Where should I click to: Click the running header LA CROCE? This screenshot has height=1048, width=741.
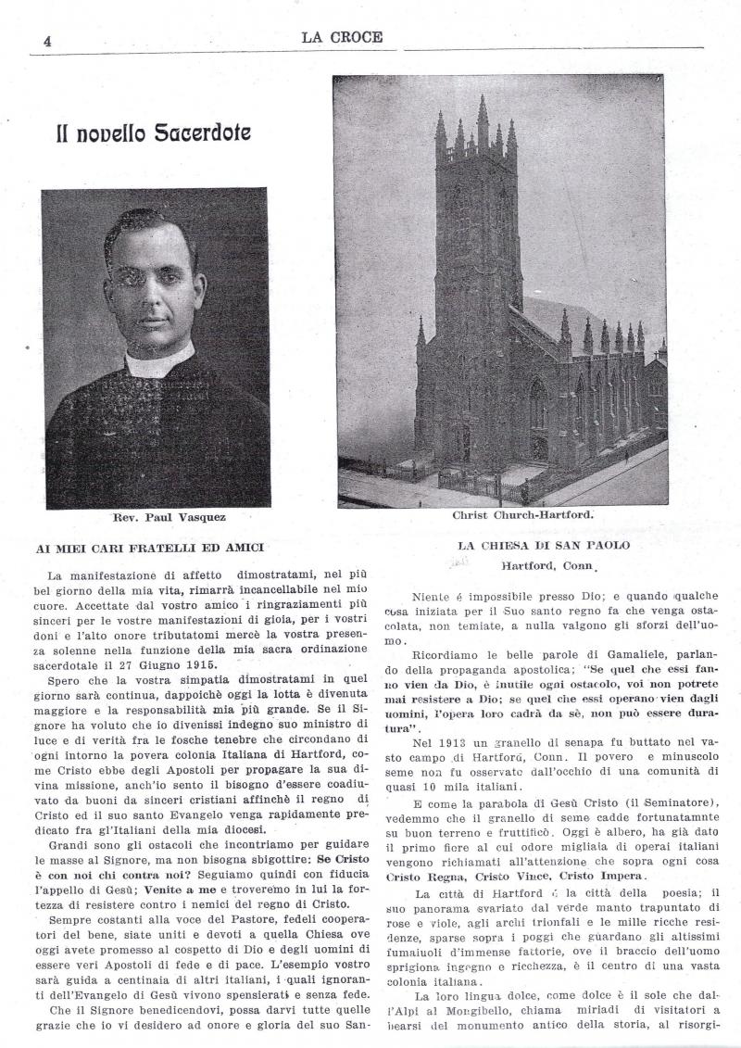pyautogui.click(x=341, y=37)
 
